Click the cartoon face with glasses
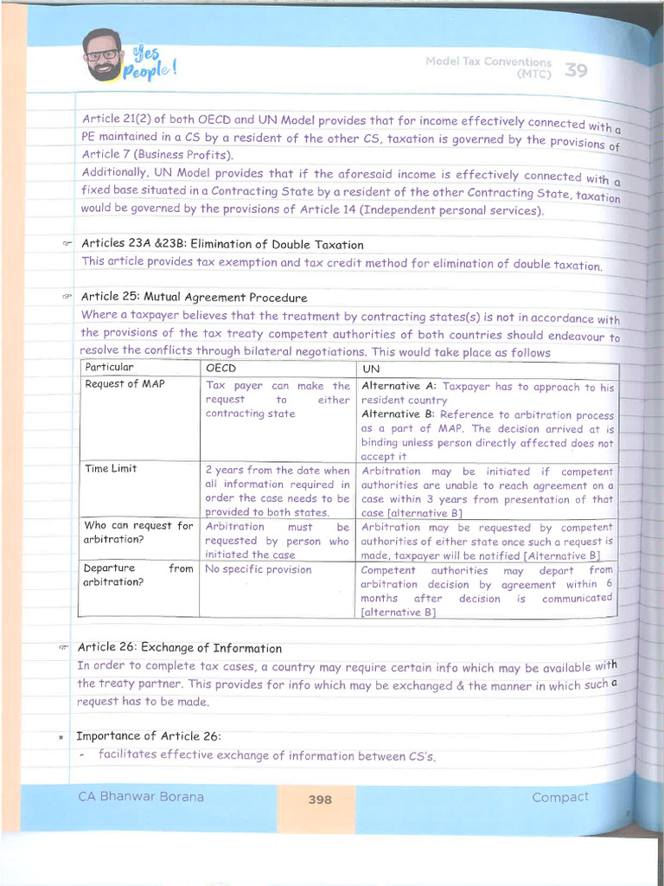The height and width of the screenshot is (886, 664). coord(103,55)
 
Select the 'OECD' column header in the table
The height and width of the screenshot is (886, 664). coord(220,368)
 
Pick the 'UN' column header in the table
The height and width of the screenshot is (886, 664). coord(369,369)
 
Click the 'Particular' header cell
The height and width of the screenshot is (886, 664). coord(110,367)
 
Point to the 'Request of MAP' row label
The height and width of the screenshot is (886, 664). coord(124,384)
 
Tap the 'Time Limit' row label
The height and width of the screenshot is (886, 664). coord(111,469)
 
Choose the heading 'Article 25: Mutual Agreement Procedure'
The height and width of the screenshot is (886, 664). coord(195,298)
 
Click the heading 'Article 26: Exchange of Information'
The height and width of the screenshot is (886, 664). coord(180,647)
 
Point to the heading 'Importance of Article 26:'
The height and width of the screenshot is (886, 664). coord(149,735)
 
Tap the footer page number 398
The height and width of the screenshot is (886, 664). coord(320,799)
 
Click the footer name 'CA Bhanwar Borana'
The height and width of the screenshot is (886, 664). coord(141,796)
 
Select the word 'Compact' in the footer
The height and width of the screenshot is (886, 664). coord(560,797)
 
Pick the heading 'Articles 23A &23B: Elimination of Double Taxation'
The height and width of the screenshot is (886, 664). coord(222,245)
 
